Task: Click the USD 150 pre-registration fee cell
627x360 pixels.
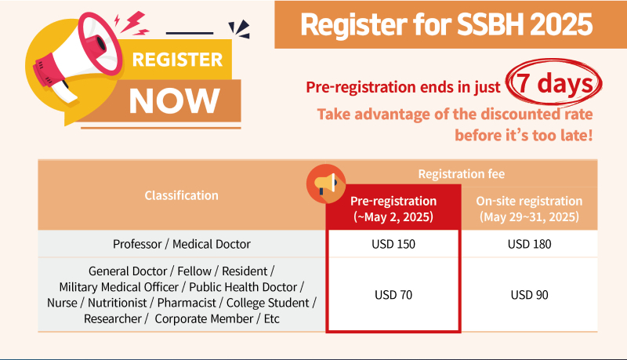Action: click(393, 244)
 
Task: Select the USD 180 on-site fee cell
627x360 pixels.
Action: click(530, 244)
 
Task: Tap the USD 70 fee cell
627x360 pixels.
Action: click(393, 295)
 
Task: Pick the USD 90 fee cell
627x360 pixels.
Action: click(530, 295)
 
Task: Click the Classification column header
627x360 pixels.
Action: click(182, 195)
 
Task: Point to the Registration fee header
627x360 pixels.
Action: click(462, 174)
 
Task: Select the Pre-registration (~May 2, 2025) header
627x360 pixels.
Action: click(393, 209)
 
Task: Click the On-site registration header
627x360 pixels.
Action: click(530, 209)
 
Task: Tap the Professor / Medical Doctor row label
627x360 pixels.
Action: click(182, 244)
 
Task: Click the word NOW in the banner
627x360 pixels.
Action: click(174, 101)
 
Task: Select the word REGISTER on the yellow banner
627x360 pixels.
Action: click(177, 60)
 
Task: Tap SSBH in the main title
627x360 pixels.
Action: click(491, 25)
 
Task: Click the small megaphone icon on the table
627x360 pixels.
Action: click(326, 184)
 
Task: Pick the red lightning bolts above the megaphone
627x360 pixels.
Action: click(132, 24)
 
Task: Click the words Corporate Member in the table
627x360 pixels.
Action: click(204, 318)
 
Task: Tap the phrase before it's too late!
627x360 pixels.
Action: click(524, 135)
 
